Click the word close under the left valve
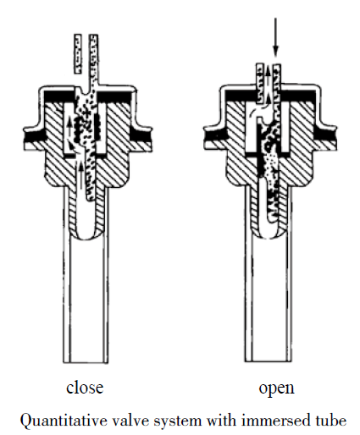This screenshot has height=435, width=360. (x=85, y=388)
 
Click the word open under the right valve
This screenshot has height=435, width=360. (x=276, y=388)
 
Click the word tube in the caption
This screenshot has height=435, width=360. (x=330, y=421)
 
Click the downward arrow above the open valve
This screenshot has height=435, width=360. (x=275, y=37)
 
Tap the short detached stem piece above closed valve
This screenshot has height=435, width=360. (x=78, y=54)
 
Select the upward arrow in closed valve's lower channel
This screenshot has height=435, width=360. (x=81, y=175)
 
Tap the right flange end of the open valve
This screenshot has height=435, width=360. (x=335, y=138)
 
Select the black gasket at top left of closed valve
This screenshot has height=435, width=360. (x=58, y=96)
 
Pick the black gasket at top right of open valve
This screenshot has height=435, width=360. (x=299, y=96)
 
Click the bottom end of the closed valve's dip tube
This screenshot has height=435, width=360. (x=86, y=361)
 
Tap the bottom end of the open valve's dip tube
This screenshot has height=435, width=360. (x=268, y=361)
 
